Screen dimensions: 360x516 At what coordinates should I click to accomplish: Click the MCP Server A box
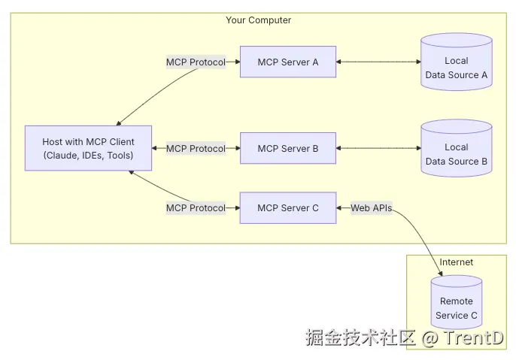coord(288,62)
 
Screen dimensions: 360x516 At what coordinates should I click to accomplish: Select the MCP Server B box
coord(288,149)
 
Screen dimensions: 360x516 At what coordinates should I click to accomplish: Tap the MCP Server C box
coord(288,208)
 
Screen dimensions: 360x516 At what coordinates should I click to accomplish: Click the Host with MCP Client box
coord(88,149)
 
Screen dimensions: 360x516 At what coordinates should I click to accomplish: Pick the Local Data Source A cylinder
coord(457,68)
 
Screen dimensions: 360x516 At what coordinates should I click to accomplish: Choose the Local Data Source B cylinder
coord(457,154)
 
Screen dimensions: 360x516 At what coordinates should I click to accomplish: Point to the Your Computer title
coord(258,20)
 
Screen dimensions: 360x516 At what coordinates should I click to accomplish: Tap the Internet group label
coord(457,262)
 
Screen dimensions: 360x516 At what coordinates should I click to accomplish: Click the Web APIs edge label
coord(372,208)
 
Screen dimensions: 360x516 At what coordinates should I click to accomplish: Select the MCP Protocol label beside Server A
coord(196,62)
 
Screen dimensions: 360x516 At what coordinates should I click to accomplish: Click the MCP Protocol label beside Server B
coord(196,149)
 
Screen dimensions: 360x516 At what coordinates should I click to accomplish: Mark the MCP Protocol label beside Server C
coord(196,208)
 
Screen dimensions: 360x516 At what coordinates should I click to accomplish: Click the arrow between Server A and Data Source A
coord(378,62)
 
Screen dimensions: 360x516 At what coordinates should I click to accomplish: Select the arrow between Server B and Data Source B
coord(378,149)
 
